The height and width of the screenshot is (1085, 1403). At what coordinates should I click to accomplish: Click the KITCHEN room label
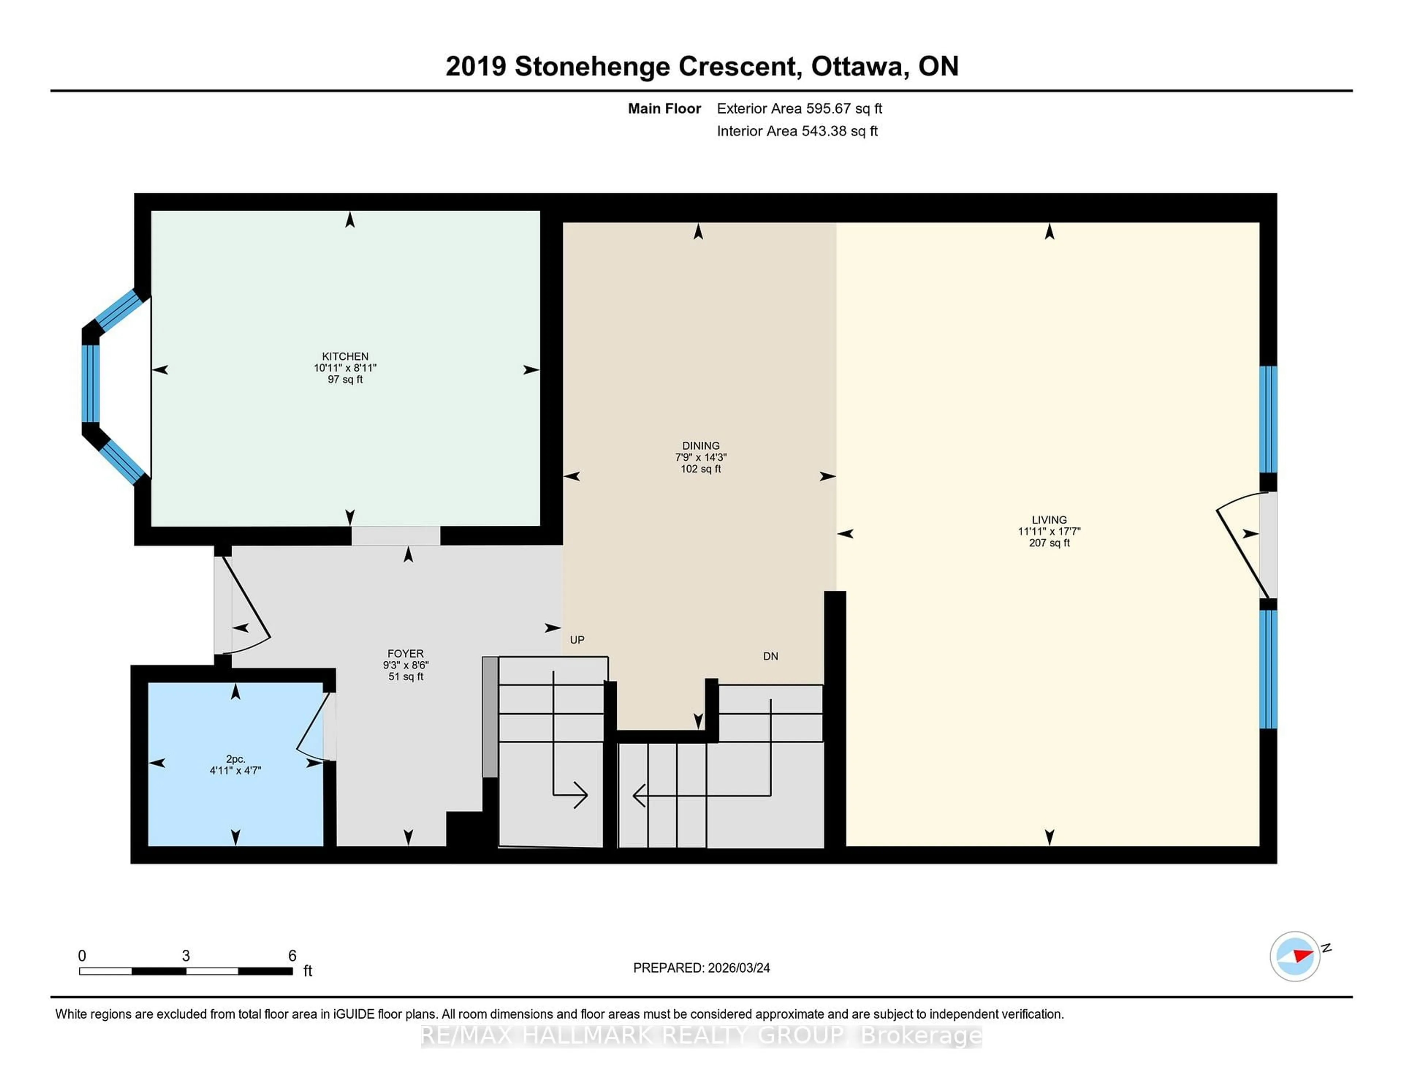(x=345, y=356)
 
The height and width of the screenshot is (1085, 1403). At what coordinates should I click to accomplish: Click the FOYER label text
(x=405, y=653)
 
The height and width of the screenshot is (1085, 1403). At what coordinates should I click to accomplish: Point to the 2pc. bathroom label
(x=235, y=759)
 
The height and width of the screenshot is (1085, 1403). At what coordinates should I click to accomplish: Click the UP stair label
(x=577, y=640)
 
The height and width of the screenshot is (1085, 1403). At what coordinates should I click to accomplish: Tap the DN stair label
(x=770, y=656)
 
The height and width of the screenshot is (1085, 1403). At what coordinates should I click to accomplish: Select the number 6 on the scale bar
(x=292, y=955)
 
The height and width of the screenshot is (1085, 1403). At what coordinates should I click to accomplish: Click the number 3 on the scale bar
(x=186, y=955)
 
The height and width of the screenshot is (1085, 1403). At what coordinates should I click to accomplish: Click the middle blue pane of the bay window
(x=91, y=384)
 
